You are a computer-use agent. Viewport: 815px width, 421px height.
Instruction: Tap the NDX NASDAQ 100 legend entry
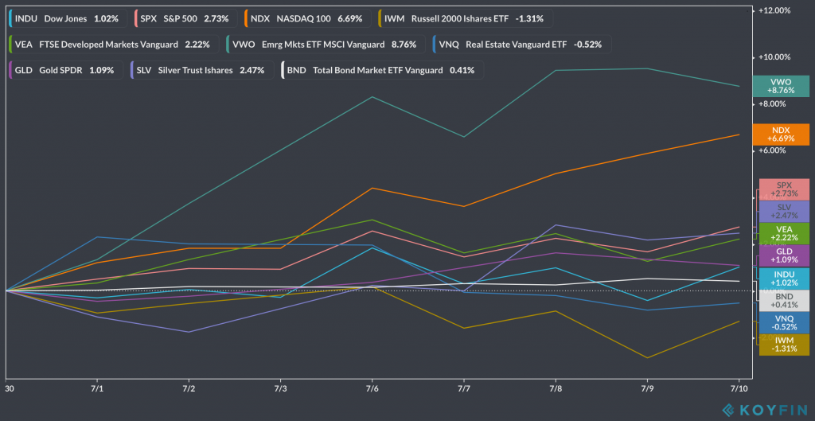point(307,18)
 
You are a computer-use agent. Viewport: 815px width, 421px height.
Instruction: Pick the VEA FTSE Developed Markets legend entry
point(112,44)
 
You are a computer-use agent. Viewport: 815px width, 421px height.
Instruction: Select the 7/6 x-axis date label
point(372,389)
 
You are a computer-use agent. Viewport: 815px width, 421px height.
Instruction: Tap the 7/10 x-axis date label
point(739,389)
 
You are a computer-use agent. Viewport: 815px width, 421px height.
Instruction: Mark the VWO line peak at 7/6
point(372,97)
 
